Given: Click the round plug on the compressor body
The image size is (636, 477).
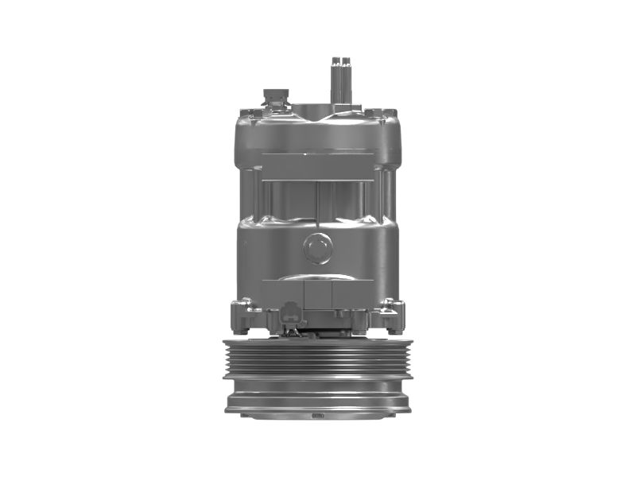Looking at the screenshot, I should (x=318, y=248).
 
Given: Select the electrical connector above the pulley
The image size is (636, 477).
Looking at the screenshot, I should (x=291, y=314).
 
